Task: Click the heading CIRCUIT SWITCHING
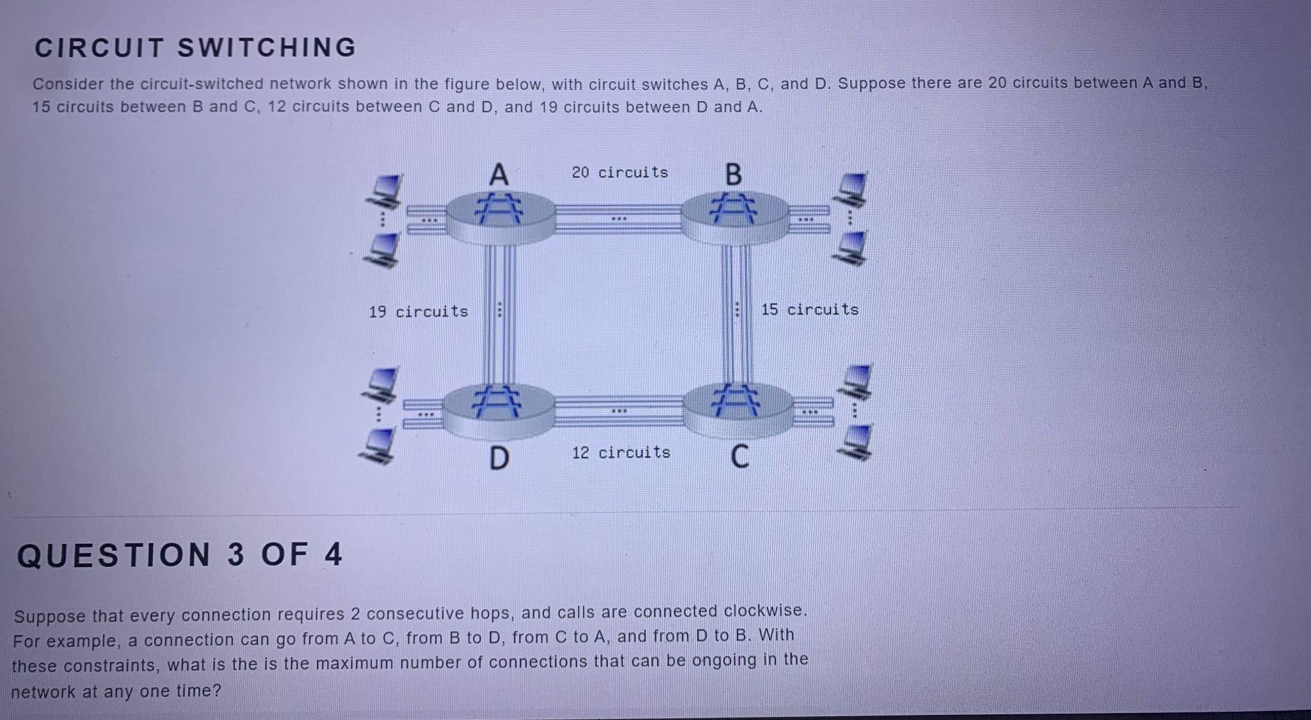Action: click(x=195, y=48)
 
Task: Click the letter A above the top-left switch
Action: click(x=498, y=174)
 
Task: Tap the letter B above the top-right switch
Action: click(x=734, y=174)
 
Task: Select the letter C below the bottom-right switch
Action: click(x=739, y=457)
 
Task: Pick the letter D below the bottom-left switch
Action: click(x=499, y=458)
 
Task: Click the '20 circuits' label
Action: click(x=620, y=172)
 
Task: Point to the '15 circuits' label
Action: click(x=809, y=309)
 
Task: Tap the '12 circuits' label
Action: click(x=621, y=452)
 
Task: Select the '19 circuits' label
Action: click(x=418, y=311)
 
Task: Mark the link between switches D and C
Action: click(x=618, y=411)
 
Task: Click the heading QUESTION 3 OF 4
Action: click(x=180, y=555)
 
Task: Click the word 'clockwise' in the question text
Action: click(x=763, y=610)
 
